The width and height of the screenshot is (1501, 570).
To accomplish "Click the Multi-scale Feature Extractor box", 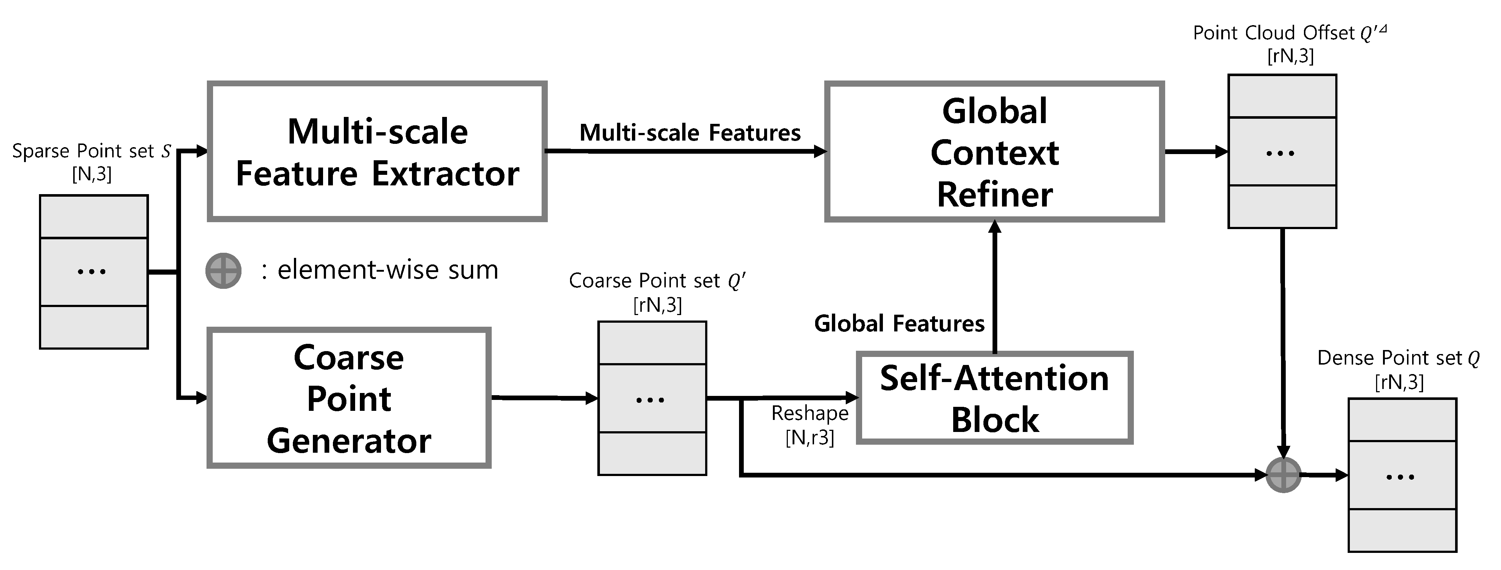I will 377,152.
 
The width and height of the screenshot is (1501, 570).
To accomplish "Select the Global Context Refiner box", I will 994,152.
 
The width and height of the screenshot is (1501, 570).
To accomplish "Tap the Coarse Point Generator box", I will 349,398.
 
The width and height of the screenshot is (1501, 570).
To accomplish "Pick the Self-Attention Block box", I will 994,398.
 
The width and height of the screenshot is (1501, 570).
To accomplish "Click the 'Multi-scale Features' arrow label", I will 689,133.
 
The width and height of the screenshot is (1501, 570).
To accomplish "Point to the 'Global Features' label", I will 899,323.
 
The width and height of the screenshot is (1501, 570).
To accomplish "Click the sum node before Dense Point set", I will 1284,475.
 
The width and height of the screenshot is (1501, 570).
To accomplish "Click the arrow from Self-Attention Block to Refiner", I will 995,286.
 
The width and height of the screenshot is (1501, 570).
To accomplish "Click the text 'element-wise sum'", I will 388,270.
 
